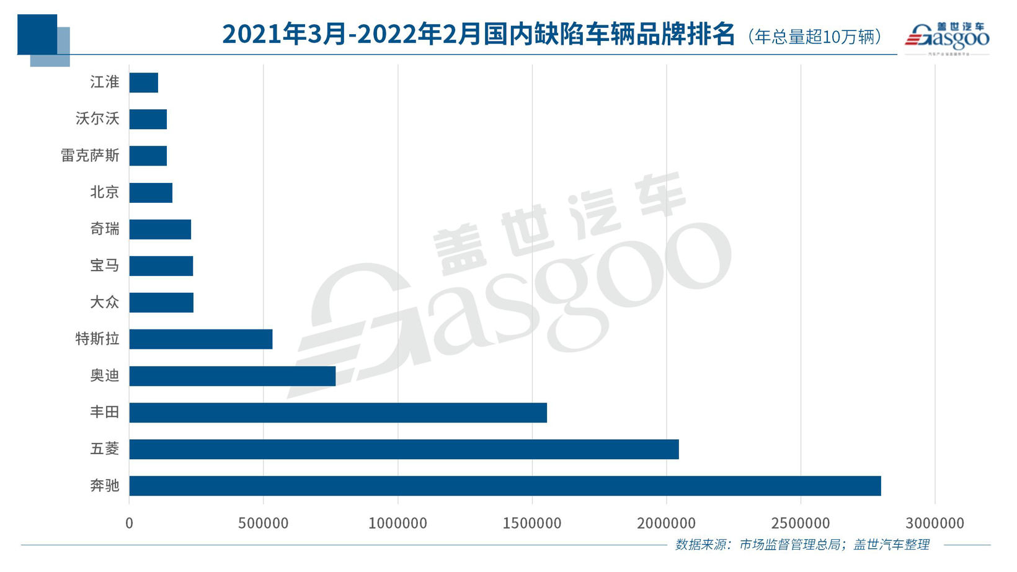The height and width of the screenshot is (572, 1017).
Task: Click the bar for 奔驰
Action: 505,486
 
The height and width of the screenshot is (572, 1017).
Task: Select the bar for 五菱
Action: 404,449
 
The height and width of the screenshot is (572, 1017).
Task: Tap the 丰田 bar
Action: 338,413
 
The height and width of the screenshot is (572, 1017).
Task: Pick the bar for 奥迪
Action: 232,376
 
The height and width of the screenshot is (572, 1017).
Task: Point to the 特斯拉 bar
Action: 200,339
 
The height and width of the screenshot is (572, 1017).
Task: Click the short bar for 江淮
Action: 143,83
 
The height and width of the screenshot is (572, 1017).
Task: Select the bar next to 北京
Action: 151,193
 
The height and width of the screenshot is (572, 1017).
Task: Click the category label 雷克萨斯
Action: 90,156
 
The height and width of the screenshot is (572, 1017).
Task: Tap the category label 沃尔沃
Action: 97,118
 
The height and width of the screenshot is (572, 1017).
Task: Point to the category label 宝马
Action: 104,266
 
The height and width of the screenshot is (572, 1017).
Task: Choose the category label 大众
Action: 104,303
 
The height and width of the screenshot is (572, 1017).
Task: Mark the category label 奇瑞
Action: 104,230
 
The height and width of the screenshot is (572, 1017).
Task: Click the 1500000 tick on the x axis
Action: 532,524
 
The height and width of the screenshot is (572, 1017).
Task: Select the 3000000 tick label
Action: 935,524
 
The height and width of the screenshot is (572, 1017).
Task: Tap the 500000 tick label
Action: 264,524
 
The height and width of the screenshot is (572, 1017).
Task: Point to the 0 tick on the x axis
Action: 129,524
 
